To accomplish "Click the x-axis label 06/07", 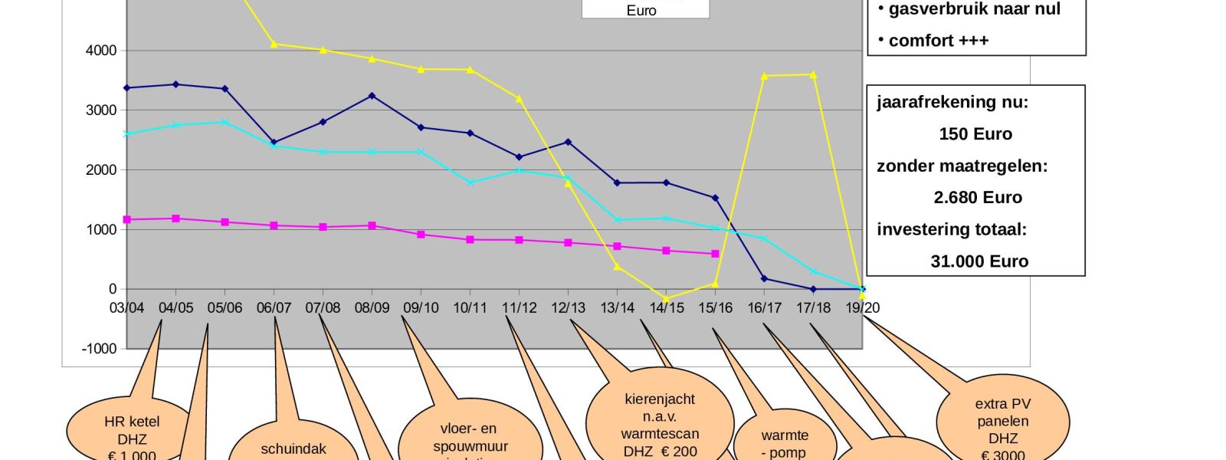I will (274, 307).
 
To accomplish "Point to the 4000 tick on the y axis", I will (101, 51).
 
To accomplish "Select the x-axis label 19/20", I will (862, 307).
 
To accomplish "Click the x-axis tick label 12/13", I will (568, 307).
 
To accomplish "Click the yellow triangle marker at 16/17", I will (765, 76).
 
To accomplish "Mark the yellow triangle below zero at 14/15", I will (666, 299).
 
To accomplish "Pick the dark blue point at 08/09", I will (372, 96).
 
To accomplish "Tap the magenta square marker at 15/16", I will (715, 254).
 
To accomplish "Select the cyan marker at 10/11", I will (470, 182).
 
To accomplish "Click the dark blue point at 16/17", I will (764, 279).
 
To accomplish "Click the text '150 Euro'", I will (975, 134).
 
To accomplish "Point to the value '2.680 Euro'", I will (978, 198).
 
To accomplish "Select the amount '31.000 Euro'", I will (979, 261).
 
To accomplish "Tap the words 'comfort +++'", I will (938, 41).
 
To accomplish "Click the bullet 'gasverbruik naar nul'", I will (974, 9).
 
